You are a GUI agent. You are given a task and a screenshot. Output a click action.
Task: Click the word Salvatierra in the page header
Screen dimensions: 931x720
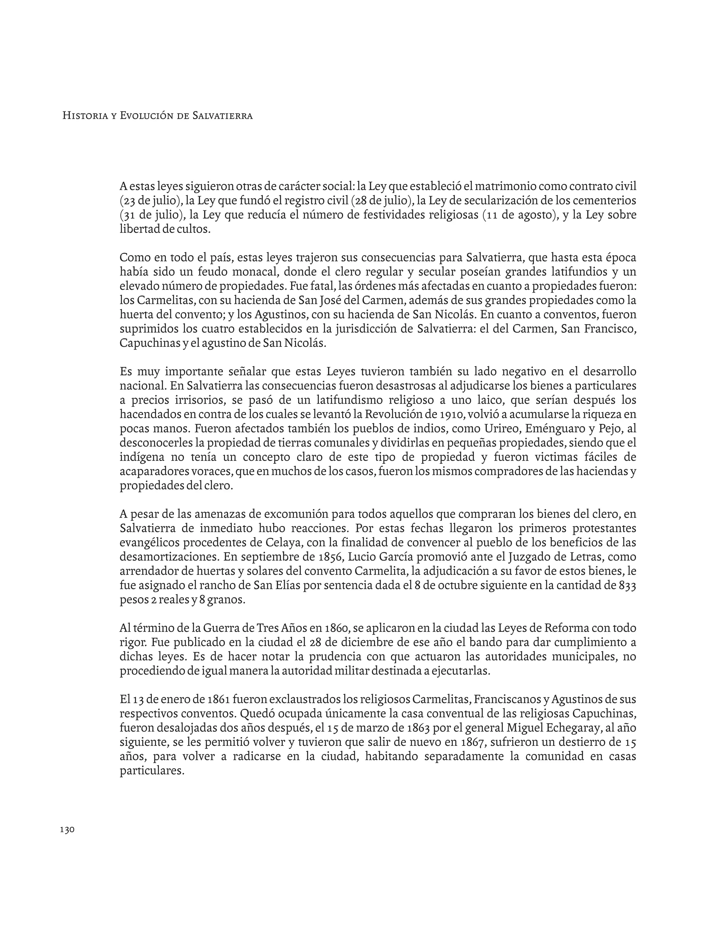(222, 116)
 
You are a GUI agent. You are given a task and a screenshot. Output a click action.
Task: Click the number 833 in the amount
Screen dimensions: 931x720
(627, 586)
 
